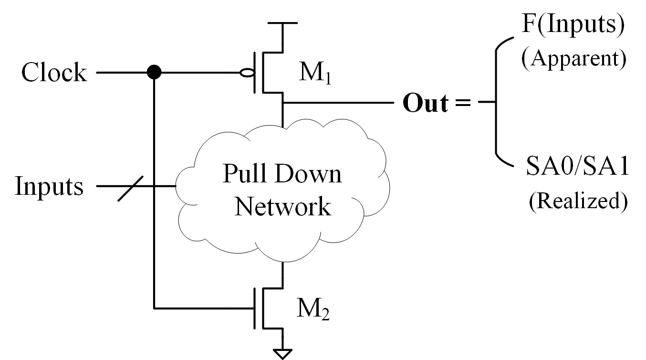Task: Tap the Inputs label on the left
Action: click(49, 186)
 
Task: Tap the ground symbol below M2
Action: click(283, 353)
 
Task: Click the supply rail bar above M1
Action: click(283, 22)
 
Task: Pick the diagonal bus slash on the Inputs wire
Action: click(129, 187)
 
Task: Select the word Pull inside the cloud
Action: click(243, 174)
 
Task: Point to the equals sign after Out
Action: click(462, 104)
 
